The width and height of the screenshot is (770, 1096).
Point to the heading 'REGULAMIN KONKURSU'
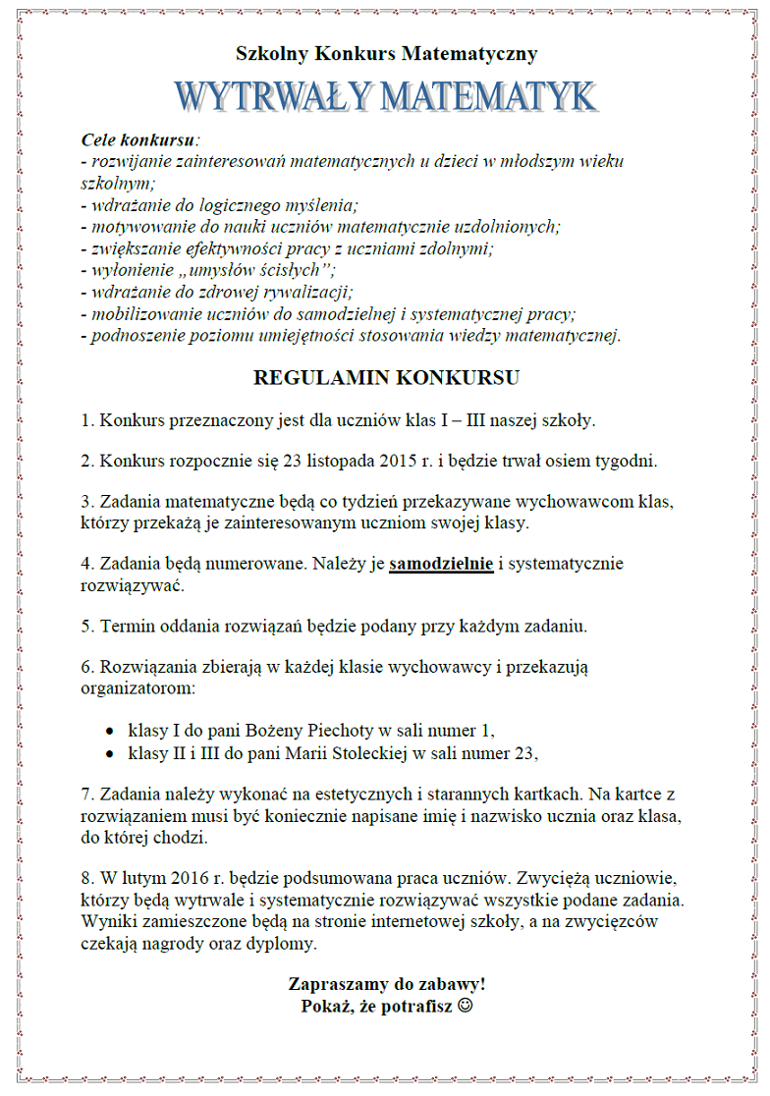coord(386,377)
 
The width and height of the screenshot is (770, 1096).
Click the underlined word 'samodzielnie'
coord(441,564)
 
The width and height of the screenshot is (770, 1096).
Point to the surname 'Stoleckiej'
coord(372,753)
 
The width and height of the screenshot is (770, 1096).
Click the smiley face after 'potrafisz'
coord(465,1006)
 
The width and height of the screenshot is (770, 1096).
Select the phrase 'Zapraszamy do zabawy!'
coord(386,983)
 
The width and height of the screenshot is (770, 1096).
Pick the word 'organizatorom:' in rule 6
coord(137,688)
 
